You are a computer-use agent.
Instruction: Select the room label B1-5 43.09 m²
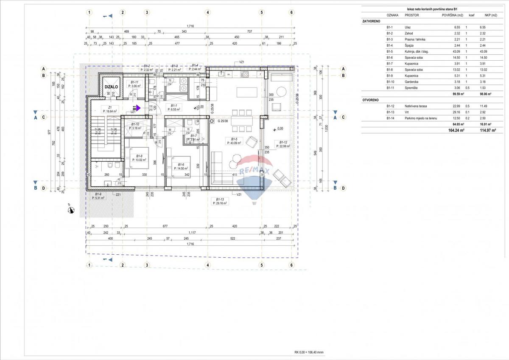(x=235, y=141)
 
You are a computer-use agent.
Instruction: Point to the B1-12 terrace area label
(x=283, y=144)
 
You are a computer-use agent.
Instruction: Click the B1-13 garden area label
(x=220, y=201)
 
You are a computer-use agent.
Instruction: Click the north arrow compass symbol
(x=71, y=209)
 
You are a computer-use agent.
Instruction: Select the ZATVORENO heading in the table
(x=371, y=21)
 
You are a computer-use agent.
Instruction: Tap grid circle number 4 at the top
(x=208, y=12)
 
